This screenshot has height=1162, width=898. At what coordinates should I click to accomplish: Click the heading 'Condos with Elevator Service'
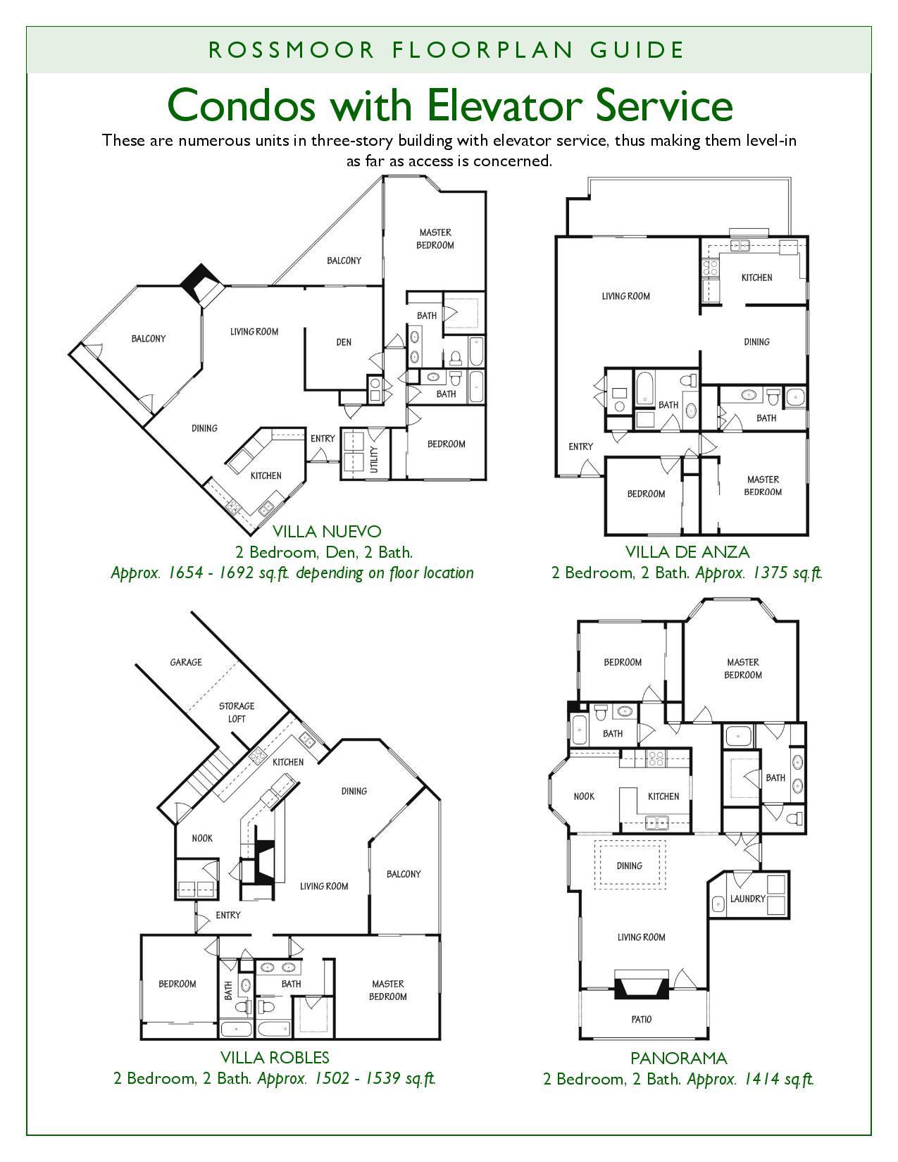pyautogui.click(x=449, y=106)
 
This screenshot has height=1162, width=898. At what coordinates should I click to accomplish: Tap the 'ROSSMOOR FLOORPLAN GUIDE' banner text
pyautogui.click(x=447, y=50)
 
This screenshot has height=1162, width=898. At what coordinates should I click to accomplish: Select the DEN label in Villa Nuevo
pyautogui.click(x=344, y=342)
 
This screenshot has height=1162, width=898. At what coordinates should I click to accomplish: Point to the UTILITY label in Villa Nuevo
pyautogui.click(x=375, y=459)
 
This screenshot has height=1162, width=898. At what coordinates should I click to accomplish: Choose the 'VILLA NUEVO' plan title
pyautogui.click(x=327, y=532)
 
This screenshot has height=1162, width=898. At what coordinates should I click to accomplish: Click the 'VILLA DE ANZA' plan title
pyautogui.click(x=687, y=552)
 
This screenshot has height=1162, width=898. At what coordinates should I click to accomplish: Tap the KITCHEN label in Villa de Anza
pyautogui.click(x=757, y=277)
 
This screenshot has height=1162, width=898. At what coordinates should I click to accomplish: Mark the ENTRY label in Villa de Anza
pyautogui.click(x=581, y=446)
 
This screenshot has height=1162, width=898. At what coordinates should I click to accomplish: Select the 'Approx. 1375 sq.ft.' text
pyautogui.click(x=759, y=573)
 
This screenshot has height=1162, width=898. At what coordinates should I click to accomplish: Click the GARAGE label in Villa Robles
pyautogui.click(x=186, y=662)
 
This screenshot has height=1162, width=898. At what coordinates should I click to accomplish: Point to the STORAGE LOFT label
pyautogui.click(x=237, y=712)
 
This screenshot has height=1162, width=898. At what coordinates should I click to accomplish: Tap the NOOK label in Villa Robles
pyautogui.click(x=202, y=839)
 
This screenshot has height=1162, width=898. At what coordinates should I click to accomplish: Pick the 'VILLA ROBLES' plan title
pyautogui.click(x=275, y=1057)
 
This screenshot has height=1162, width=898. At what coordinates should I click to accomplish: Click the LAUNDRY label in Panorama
pyautogui.click(x=748, y=899)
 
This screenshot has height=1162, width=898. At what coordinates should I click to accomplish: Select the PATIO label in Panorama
pyautogui.click(x=641, y=1019)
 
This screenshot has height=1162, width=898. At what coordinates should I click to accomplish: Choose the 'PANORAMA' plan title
pyautogui.click(x=679, y=1058)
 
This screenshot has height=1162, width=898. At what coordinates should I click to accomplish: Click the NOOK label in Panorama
pyautogui.click(x=584, y=796)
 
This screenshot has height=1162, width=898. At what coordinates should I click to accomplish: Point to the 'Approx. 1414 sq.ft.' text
pyautogui.click(x=750, y=1079)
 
